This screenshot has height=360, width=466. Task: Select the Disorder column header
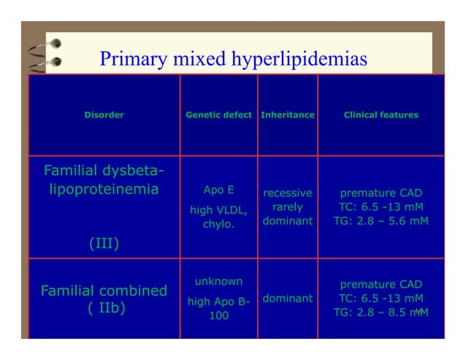pyautogui.click(x=104, y=115)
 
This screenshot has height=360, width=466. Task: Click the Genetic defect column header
pyautogui.click(x=218, y=115)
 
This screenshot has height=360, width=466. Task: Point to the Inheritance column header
pyautogui.click(x=287, y=115)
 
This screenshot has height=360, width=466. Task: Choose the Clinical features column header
pyautogui.click(x=381, y=115)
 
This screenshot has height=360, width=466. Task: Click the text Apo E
pyautogui.click(x=218, y=190)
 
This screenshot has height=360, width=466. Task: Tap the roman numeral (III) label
pyautogui.click(x=104, y=243)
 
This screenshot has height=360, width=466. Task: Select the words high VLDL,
pyautogui.click(x=218, y=210)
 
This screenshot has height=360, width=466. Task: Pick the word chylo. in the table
pyautogui.click(x=218, y=224)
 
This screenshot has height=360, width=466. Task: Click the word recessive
pyautogui.click(x=287, y=194)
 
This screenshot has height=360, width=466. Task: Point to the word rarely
pyautogui.click(x=287, y=207)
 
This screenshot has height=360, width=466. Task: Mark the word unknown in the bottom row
pyautogui.click(x=218, y=281)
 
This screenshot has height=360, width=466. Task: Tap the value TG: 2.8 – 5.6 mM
pyautogui.click(x=381, y=221)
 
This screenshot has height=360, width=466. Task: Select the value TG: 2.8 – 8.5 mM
pyautogui.click(x=381, y=312)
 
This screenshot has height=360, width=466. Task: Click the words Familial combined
pyautogui.click(x=104, y=291)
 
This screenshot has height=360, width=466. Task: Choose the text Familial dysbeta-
pyautogui.click(x=104, y=172)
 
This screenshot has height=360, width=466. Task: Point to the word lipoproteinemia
pyautogui.click(x=104, y=190)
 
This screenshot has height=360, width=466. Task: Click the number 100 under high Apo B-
pyautogui.click(x=218, y=315)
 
